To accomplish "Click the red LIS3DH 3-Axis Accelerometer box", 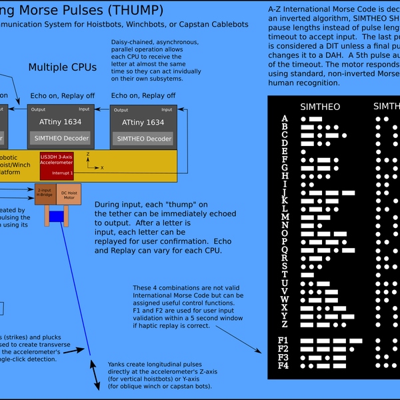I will [57, 165].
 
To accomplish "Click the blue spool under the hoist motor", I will [57, 216].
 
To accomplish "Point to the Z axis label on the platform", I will [87, 153].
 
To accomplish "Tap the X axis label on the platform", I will [102, 167].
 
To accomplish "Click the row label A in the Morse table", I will [285, 119].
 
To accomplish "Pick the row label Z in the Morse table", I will [285, 325].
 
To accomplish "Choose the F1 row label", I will [283, 341].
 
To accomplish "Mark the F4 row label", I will [283, 365].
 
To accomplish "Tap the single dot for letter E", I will [304, 152].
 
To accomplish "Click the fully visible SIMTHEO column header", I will [320, 106].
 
